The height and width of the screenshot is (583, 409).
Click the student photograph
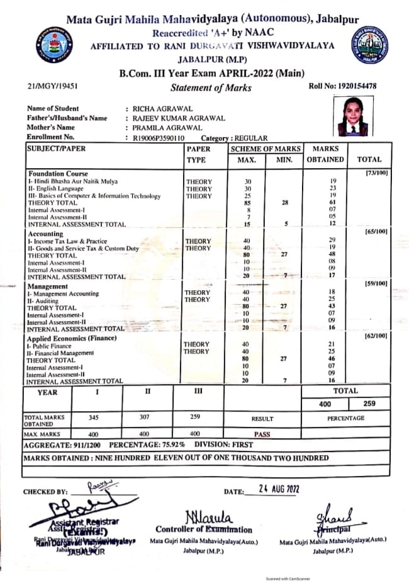click(353, 117)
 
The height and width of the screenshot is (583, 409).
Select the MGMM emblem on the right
click(369, 45)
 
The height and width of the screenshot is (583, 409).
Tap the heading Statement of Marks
click(211, 88)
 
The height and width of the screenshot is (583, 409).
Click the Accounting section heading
click(45, 233)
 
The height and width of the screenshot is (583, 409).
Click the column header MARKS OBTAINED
click(325, 154)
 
